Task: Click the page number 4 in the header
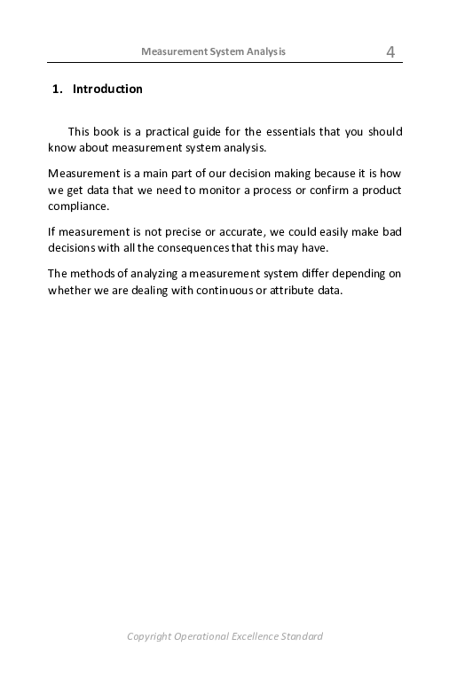[x=390, y=52]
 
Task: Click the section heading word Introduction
[x=107, y=90]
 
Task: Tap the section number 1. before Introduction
[x=59, y=90]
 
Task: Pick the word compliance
[x=77, y=206]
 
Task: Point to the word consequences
[x=201, y=248]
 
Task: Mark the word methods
[x=88, y=274]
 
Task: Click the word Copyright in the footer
[x=149, y=636]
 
